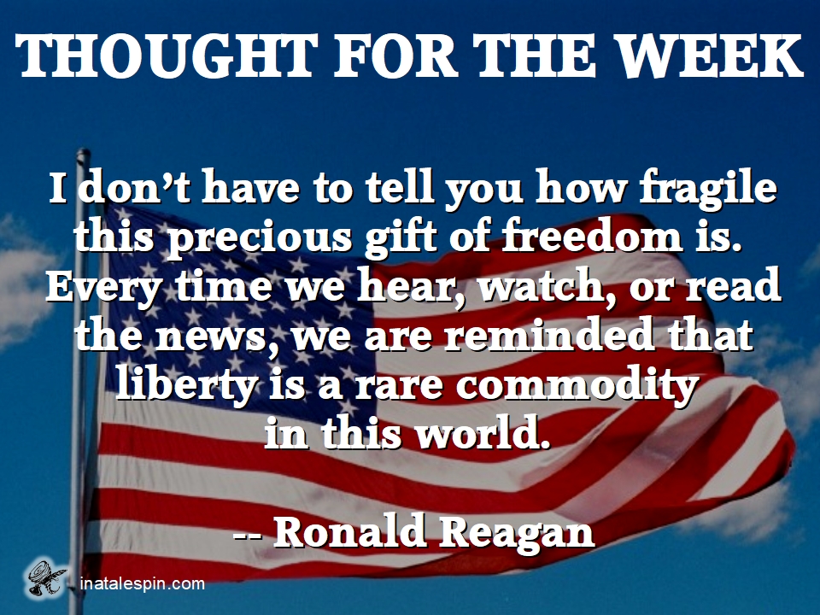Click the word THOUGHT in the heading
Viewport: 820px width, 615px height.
pyautogui.click(x=166, y=56)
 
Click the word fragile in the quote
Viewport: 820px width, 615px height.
pyautogui.click(x=708, y=188)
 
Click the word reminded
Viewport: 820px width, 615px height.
pyautogui.click(x=548, y=334)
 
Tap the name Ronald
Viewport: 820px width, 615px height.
pyautogui.click(x=349, y=532)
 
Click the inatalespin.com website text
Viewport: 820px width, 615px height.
pyautogui.click(x=143, y=583)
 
